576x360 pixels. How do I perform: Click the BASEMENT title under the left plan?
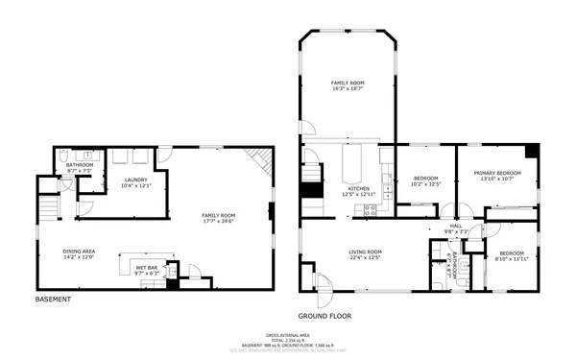(x=52, y=299)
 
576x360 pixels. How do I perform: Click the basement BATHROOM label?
(x=79, y=164)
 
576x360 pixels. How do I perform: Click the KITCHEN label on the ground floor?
(x=358, y=189)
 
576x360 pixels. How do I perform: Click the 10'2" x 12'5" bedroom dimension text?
(x=425, y=184)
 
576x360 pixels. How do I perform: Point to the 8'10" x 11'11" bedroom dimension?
(x=512, y=258)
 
